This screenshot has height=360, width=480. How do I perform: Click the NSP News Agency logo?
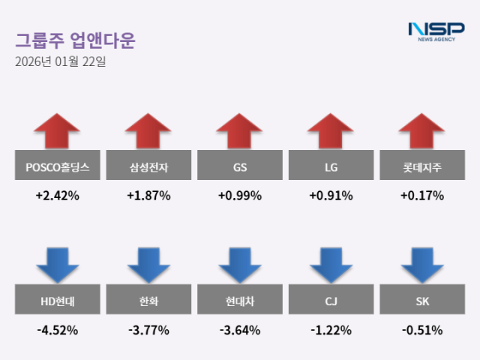(436, 31)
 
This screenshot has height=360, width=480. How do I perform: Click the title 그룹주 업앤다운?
(75, 39)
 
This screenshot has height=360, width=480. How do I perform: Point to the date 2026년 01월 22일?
(61, 61)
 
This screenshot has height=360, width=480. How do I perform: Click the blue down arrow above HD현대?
(57, 265)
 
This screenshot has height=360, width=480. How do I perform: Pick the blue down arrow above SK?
(422, 265)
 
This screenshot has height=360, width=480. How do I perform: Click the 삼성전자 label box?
(148, 168)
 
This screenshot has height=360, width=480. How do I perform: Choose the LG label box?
(331, 168)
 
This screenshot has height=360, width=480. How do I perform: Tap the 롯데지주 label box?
(422, 168)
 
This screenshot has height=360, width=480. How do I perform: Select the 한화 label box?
(148, 302)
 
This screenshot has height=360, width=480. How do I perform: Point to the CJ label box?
(331, 302)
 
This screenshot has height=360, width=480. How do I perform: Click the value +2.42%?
(57, 196)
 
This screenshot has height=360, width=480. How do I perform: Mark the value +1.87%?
(148, 196)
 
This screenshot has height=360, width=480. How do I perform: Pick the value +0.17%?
(422, 196)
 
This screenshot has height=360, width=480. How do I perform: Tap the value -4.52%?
(57, 330)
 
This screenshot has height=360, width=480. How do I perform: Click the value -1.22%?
(331, 330)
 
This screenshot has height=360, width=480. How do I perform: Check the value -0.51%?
(422, 330)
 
